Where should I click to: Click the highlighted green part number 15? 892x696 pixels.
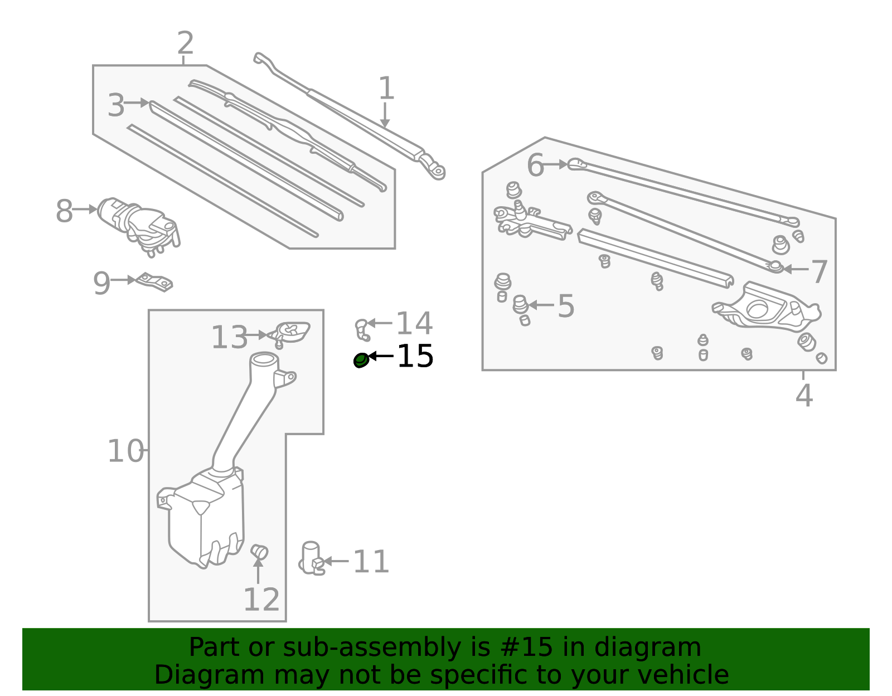[x=361, y=360]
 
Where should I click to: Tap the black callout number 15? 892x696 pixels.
[x=415, y=356]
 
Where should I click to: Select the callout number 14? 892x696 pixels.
[x=414, y=324]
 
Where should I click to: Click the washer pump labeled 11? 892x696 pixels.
[x=312, y=558]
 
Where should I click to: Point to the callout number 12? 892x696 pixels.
[x=261, y=599]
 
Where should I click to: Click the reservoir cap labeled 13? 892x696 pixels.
[x=289, y=334]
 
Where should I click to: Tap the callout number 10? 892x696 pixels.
[x=125, y=451]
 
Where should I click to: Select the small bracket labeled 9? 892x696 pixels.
[x=155, y=282]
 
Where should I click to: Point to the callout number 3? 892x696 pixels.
[x=116, y=105]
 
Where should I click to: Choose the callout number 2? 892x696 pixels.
[x=186, y=43]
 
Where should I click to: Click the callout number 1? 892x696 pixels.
[x=386, y=88]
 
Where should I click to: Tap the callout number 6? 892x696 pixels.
[x=535, y=165]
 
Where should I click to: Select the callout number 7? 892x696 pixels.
[x=820, y=271]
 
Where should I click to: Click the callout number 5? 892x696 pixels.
[x=566, y=305]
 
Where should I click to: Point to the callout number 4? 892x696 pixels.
[x=804, y=395]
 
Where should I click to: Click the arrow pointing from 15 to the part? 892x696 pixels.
[x=381, y=356]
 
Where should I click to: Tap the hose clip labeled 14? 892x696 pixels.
[x=362, y=330]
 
